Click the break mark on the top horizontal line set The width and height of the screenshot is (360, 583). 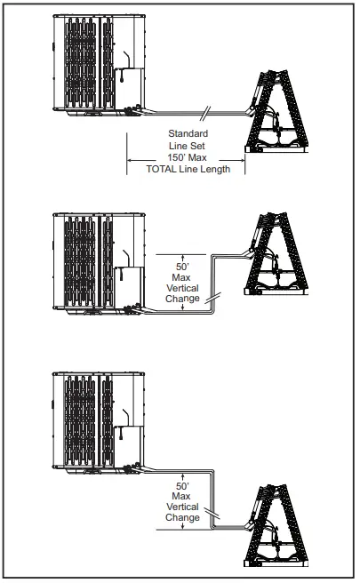(205, 111)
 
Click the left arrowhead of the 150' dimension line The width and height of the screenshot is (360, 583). (130, 160)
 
